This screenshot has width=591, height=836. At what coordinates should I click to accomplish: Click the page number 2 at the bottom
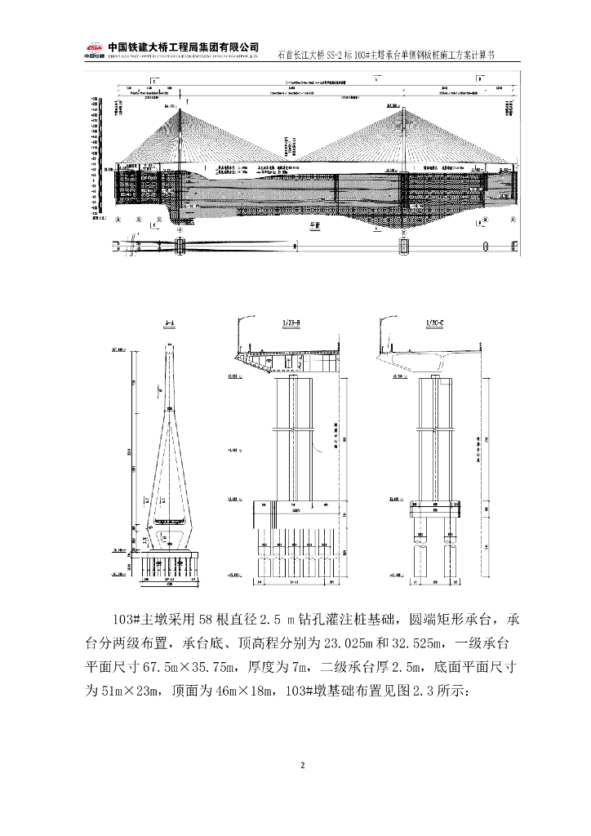pos(302,765)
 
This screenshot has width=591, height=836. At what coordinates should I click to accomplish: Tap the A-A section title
pos(170,324)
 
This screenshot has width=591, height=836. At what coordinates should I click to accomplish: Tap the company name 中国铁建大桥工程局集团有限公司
pos(184,47)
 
